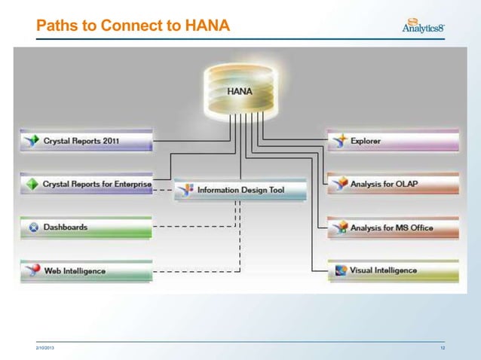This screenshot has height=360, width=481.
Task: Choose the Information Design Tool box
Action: click(240, 190)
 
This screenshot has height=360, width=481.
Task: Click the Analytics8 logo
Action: click(424, 27)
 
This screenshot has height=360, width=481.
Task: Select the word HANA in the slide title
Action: click(203, 27)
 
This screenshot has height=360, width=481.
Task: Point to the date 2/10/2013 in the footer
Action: click(44, 347)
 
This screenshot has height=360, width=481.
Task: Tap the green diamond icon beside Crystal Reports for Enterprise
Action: click(32, 184)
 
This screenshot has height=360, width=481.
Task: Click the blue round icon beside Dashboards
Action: click(32, 227)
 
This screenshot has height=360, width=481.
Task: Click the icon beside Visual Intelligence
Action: click(340, 270)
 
